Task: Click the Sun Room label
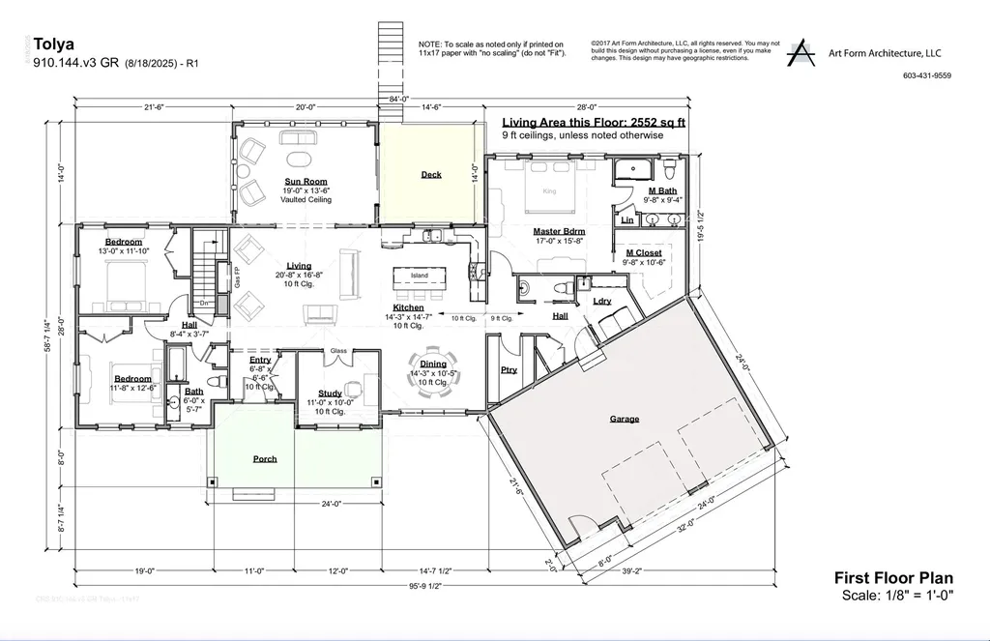click(306, 181)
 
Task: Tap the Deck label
click(431, 175)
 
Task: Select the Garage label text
click(625, 420)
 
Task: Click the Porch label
click(265, 458)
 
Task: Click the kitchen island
click(419, 277)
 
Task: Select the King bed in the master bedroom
click(550, 190)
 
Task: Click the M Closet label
click(643, 253)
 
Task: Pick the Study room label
click(331, 393)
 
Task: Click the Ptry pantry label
click(509, 369)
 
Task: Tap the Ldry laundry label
click(601, 301)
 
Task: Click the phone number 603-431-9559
click(926, 75)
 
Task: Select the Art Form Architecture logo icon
click(801, 54)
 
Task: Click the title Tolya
click(51, 43)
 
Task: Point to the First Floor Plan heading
click(893, 578)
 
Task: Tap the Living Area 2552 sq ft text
click(594, 123)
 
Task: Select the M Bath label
click(662, 191)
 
